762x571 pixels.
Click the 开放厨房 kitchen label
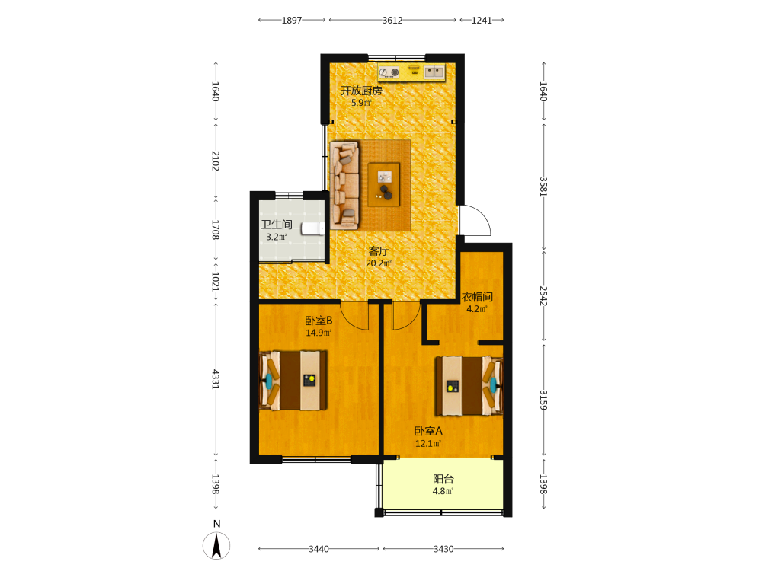pyautogui.click(x=361, y=91)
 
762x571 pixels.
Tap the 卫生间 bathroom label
pyautogui.click(x=277, y=225)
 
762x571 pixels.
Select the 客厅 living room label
pyautogui.click(x=379, y=251)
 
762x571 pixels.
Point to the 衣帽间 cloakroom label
pyautogui.click(x=477, y=297)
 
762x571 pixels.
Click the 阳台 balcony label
pyautogui.click(x=443, y=479)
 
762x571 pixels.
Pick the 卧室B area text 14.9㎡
pyautogui.click(x=319, y=333)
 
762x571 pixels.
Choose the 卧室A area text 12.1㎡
pyautogui.click(x=428, y=444)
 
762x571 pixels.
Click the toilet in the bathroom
pyautogui.click(x=313, y=228)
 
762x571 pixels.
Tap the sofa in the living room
pyautogui.click(x=344, y=185)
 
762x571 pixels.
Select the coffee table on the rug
pyautogui.click(x=384, y=184)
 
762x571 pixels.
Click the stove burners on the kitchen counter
pyautogui.click(x=389, y=72)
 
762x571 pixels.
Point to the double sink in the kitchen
pyautogui.click(x=434, y=72)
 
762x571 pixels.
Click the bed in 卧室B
pyautogui.click(x=293, y=381)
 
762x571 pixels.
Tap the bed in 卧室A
pyautogui.click(x=469, y=386)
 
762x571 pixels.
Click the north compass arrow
pyautogui.click(x=216, y=545)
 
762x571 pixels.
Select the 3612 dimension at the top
pyautogui.click(x=392, y=21)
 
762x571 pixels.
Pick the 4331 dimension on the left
pyautogui.click(x=216, y=379)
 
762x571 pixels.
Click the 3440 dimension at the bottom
pyautogui.click(x=319, y=549)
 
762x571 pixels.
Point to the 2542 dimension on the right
pyautogui.click(x=544, y=295)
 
